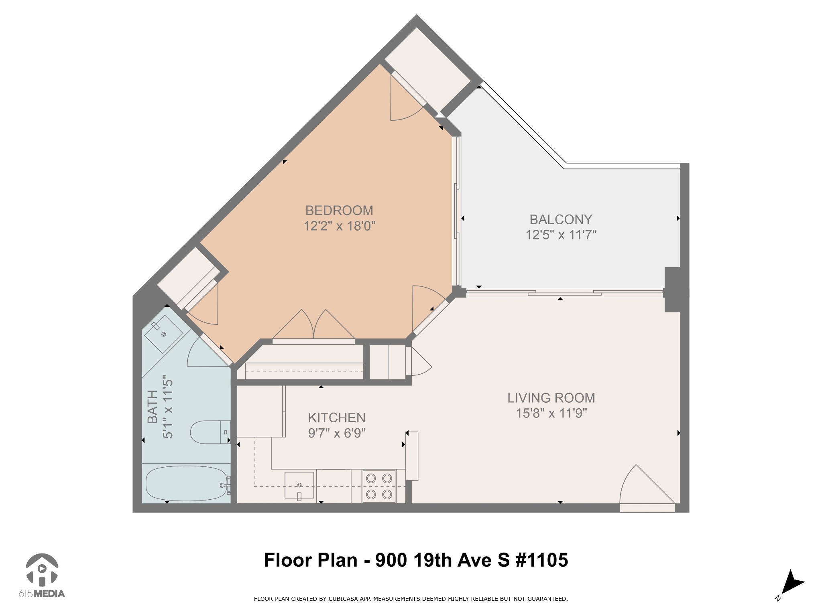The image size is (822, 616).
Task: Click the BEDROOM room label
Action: pos(339,211)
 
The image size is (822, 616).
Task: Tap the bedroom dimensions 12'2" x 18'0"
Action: pos(339,226)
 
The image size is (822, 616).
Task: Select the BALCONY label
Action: pos(561,219)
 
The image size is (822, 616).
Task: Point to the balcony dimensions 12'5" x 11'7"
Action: pos(561,235)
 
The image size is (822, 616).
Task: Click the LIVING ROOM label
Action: pos(551,398)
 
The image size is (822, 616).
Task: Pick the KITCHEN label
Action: pos(337,418)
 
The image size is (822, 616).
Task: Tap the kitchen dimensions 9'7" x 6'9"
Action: pos(337,433)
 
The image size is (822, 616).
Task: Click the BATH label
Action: pos(153,407)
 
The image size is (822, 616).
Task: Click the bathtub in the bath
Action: pos(187,483)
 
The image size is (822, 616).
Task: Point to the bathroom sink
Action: pos(163,334)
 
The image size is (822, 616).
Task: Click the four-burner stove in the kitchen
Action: pos(379,486)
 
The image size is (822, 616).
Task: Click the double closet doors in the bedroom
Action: pos(313,326)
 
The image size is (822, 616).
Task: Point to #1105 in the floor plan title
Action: pos(541,560)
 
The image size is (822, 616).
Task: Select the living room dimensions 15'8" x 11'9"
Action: pos(551,413)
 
